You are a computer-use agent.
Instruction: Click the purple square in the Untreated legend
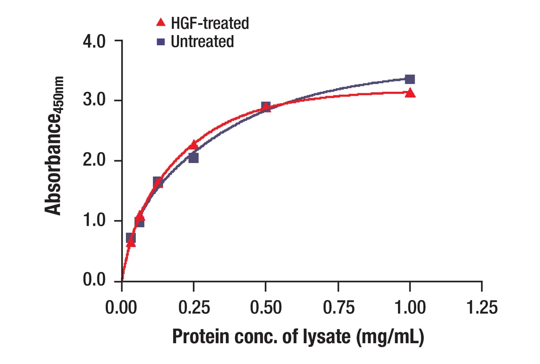pos(161,42)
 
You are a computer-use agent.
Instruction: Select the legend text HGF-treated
pos(210,22)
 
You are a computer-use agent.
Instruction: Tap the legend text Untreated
pos(202,42)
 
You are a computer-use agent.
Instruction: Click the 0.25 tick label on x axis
pos(194,308)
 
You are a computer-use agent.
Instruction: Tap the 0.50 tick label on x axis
pos(266,308)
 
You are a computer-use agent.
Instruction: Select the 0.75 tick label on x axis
pos(338,308)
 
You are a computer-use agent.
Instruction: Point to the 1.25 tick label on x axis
pos(481,308)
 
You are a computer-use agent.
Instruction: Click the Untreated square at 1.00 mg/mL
pos(410,79)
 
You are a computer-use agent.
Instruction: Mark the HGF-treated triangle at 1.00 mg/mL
pos(410,93)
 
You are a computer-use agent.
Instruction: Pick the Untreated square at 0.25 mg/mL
pos(194,158)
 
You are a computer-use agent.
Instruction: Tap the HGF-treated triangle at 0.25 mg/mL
pos(193,145)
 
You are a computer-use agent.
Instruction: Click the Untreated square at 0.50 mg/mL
pos(266,106)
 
